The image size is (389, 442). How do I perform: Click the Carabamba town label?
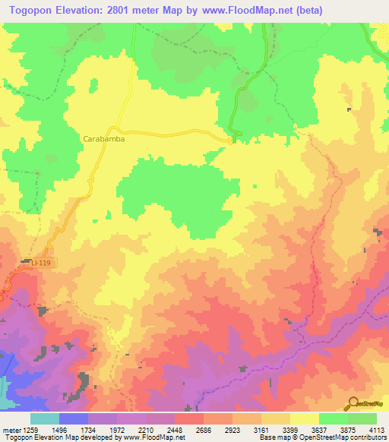(103, 140)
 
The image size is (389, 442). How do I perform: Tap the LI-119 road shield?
(44, 262)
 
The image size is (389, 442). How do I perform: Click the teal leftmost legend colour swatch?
(44, 418)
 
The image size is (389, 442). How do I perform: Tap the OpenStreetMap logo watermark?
(365, 403)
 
